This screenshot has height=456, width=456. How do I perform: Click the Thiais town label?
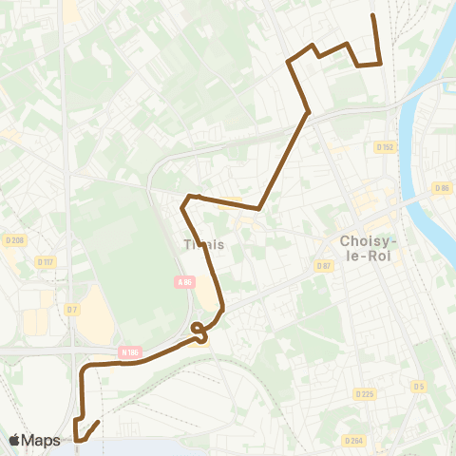pyautogui.click(x=203, y=244)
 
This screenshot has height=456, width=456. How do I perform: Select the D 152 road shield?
pyautogui.click(x=385, y=147)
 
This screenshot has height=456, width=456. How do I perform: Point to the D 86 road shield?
pyautogui.click(x=442, y=188)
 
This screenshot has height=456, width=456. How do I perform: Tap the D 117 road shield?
pyautogui.click(x=45, y=261)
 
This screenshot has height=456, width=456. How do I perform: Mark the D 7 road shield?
pyautogui.click(x=72, y=308)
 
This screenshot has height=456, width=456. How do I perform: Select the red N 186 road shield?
pyautogui.click(x=130, y=352)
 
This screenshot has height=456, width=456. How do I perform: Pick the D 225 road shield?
pyautogui.click(x=365, y=393)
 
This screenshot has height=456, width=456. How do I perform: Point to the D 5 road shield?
pyautogui.click(x=419, y=386)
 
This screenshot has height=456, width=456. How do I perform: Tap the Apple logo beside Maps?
pyautogui.click(x=15, y=440)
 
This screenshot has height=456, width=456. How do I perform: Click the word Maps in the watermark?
pyautogui.click(x=42, y=440)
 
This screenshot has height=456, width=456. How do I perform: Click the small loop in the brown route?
pyautogui.click(x=199, y=331)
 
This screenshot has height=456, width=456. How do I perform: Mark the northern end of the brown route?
pyautogui.click(x=371, y=16)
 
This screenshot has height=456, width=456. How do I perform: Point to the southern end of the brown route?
pyautogui.click(x=98, y=422)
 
